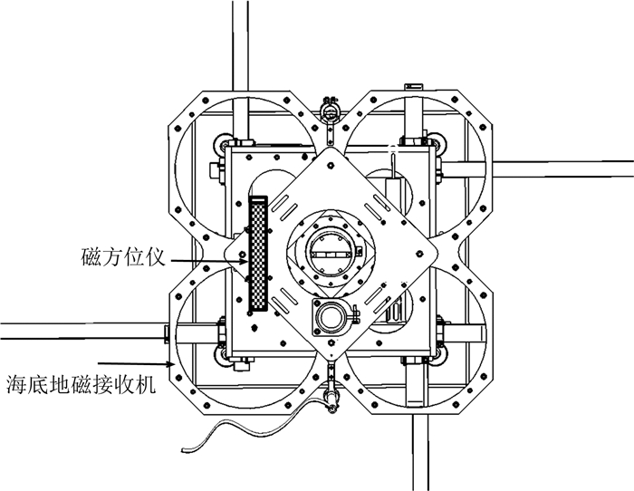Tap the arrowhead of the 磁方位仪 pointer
point(245,261)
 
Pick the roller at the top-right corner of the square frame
point(441,143)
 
